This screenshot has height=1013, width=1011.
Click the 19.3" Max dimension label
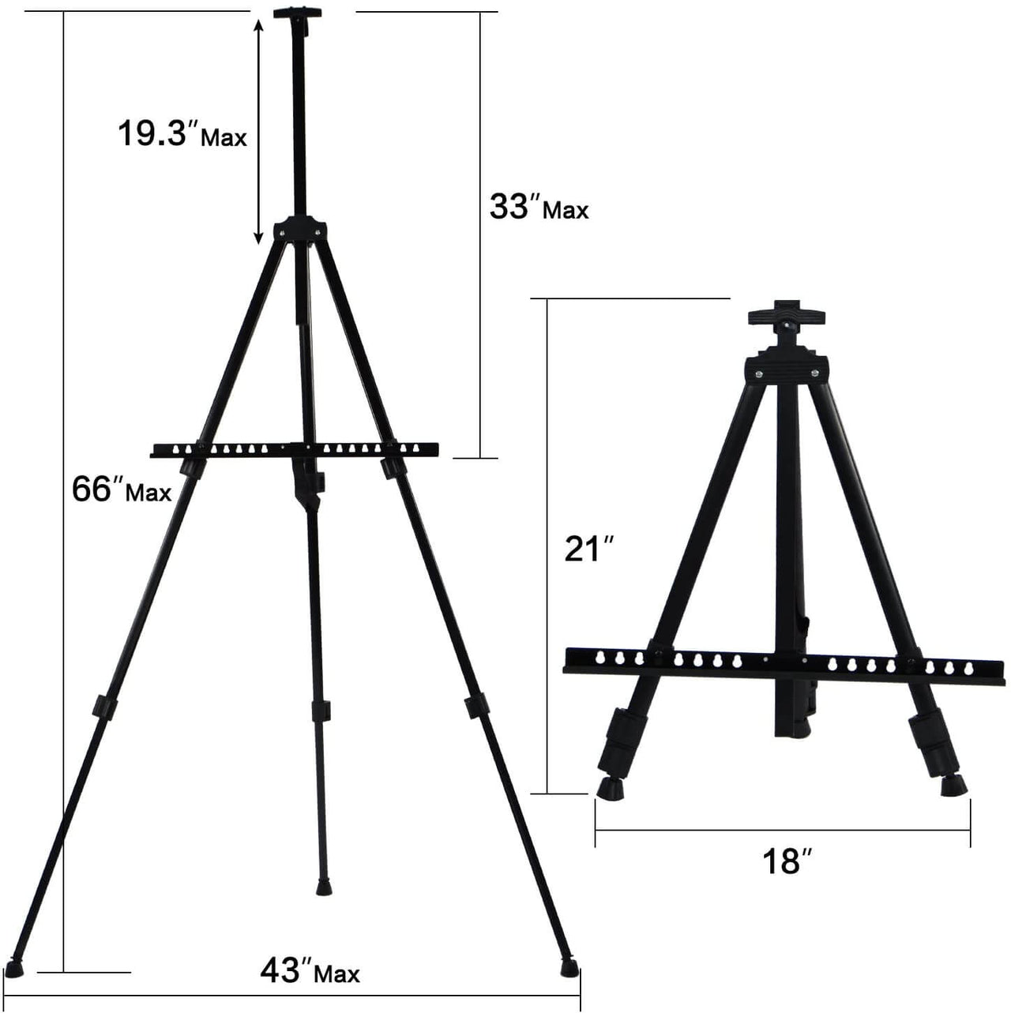(182, 135)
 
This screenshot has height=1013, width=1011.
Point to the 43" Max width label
(310, 970)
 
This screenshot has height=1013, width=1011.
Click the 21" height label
(584, 549)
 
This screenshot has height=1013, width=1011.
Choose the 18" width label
(782, 861)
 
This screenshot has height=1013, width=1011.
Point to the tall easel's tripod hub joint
(299, 227)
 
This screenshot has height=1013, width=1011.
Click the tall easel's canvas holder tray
(294, 450)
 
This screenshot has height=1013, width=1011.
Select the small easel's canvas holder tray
(787, 662)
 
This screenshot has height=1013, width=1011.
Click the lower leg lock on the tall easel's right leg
(475, 707)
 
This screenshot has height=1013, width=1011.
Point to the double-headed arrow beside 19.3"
(258, 130)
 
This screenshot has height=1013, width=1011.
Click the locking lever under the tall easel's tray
(308, 486)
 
